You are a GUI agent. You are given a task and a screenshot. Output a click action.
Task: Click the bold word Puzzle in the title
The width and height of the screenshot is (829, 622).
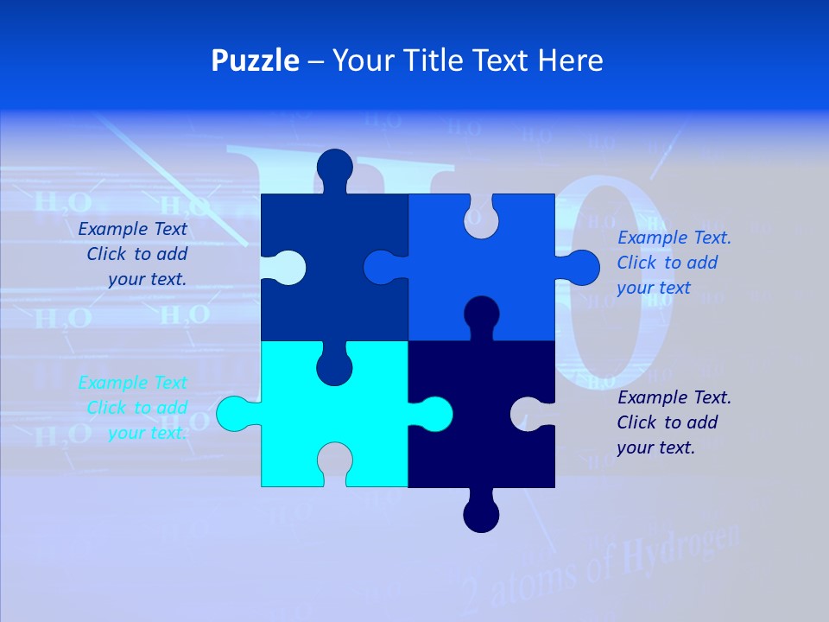255,60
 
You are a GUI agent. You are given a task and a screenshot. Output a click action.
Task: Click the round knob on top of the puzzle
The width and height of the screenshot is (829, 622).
335,167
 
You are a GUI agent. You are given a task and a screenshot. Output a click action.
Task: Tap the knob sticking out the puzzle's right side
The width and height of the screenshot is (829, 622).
581,267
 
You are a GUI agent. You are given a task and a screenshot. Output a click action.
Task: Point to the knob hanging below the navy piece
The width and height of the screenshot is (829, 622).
481,515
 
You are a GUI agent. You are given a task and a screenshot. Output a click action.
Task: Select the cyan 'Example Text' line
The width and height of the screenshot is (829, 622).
132,383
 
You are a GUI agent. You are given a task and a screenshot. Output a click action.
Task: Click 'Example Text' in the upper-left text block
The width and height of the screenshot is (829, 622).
132,229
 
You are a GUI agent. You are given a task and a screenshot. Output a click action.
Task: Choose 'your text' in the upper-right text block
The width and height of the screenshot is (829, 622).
654,288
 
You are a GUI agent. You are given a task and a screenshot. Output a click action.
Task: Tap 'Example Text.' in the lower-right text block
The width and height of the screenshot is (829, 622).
674,397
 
